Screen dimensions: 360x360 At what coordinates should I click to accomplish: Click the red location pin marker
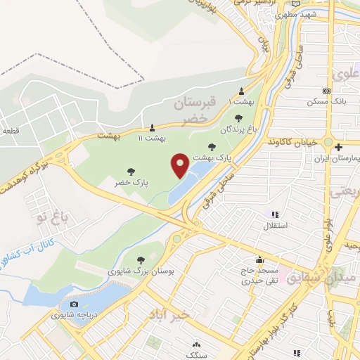[x=180, y=165]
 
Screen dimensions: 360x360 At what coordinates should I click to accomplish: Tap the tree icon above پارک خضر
[x=131, y=171]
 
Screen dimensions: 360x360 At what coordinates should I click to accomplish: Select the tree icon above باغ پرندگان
[x=238, y=118]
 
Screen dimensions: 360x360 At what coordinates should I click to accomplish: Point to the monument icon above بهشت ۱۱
[x=151, y=127]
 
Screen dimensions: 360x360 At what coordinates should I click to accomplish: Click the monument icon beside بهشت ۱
[x=242, y=91]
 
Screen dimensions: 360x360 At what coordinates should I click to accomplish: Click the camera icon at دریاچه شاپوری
[x=74, y=304]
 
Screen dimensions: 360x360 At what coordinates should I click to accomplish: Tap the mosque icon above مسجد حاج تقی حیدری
[x=261, y=259]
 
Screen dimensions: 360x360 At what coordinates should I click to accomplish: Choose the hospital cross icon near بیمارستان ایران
[x=339, y=148]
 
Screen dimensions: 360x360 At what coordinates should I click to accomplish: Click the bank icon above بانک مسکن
[x=325, y=91]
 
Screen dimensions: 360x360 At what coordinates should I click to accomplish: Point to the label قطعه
[x=11, y=131]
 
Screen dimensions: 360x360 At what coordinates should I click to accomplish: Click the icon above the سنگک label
[x=195, y=345]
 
